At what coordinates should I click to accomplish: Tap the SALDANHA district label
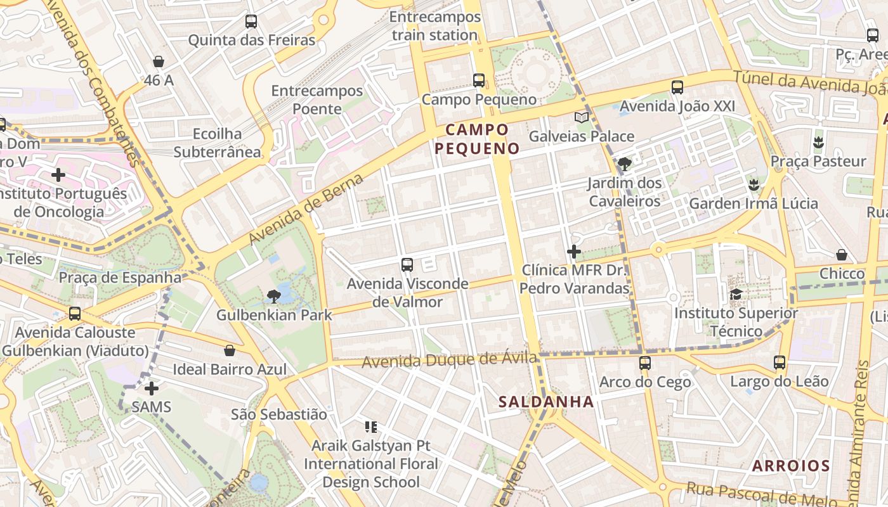coord(546,402)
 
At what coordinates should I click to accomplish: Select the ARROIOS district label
coord(791,466)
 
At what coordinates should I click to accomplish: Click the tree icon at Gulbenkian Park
coord(274,296)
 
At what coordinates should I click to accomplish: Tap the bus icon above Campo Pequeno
coord(479,80)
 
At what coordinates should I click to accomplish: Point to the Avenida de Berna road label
coord(306,209)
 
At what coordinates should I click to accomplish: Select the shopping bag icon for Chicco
coord(842,255)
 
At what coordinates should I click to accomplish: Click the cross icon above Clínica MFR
coord(574,252)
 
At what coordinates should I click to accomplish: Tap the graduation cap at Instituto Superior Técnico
coord(736,294)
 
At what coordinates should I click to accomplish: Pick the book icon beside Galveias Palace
coord(582,117)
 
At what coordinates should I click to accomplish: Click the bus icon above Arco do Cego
coord(645,363)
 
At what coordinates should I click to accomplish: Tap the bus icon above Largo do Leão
coord(780,363)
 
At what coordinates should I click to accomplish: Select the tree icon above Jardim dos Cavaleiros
coord(625,164)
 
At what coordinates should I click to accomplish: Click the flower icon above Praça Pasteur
coord(818,142)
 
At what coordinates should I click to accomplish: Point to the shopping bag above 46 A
coord(159,61)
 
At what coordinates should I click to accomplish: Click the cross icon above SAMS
coord(152,388)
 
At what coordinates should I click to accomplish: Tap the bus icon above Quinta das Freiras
coord(251,22)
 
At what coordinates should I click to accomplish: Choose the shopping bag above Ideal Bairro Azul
coord(230,350)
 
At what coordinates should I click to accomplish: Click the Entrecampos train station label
coord(434,26)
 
